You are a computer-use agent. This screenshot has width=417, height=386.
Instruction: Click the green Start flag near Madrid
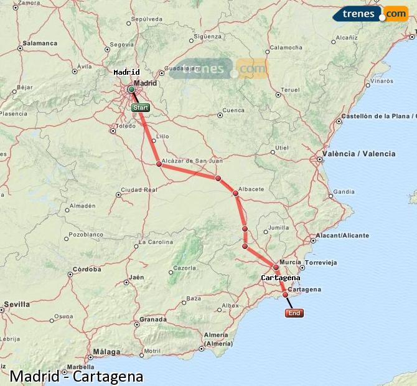pos(141,108)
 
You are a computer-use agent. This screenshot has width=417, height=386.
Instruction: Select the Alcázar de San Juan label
pos(192,161)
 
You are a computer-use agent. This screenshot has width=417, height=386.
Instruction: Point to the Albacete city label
pos(251,189)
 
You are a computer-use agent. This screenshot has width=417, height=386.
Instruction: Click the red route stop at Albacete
pos(236,194)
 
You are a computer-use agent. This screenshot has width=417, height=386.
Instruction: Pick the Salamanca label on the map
pos(40,44)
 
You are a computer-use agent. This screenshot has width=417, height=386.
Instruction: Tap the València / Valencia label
pos(358,154)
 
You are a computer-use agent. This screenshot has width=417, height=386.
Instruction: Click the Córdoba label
pos(87,270)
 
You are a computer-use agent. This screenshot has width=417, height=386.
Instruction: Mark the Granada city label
pos(153,319)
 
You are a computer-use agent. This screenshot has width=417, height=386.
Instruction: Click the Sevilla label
pos(17,304)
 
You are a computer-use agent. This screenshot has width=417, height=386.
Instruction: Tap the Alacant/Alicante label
pos(342,235)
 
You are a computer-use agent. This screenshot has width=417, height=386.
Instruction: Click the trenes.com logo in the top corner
pos(370,14)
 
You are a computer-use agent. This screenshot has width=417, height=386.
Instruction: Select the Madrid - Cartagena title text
pos(77,377)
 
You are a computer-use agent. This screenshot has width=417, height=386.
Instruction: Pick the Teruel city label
pos(290,90)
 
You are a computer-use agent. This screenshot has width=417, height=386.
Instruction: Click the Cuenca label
pos(233,110)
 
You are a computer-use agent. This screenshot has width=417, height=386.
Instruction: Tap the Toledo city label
pos(126,126)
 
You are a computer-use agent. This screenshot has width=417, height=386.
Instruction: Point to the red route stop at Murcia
pos(276,267)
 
